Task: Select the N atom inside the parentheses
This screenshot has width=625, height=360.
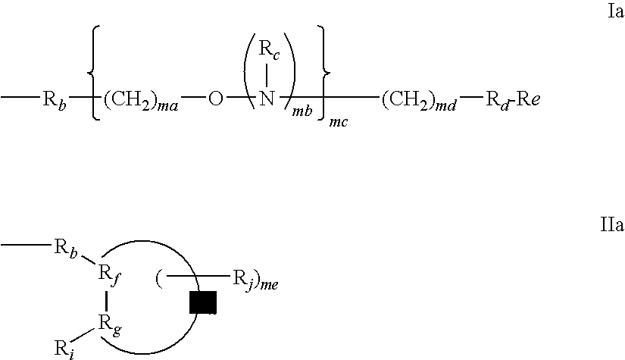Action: coord(266,99)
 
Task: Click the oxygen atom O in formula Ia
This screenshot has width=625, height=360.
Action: coord(216,99)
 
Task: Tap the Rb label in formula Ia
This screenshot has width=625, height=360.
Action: coord(52,99)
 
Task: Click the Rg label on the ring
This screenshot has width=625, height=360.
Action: coord(107,323)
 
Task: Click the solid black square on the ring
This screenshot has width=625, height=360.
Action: coord(202,302)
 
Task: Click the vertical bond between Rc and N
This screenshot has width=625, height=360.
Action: coord(267,77)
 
